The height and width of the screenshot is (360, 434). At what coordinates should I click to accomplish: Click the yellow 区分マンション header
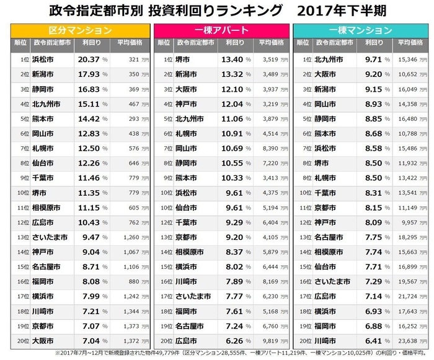click(80, 30)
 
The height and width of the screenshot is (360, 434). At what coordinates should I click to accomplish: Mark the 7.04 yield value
click(89, 340)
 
